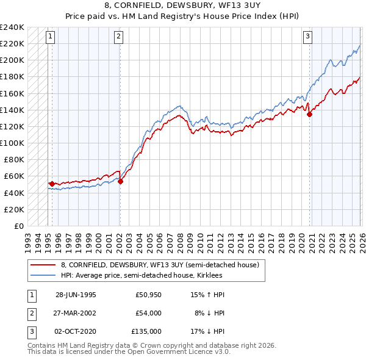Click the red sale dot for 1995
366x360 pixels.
click(52, 183)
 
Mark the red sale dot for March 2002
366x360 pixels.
click(120, 181)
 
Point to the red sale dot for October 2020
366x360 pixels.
click(309, 113)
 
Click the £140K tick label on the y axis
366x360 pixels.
click(12, 110)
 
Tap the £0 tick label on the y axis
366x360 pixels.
click(18, 226)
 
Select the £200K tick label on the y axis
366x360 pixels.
click(12, 60)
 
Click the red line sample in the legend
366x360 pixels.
click(43, 265)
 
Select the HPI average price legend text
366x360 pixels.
click(141, 276)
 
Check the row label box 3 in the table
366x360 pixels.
click(31, 331)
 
